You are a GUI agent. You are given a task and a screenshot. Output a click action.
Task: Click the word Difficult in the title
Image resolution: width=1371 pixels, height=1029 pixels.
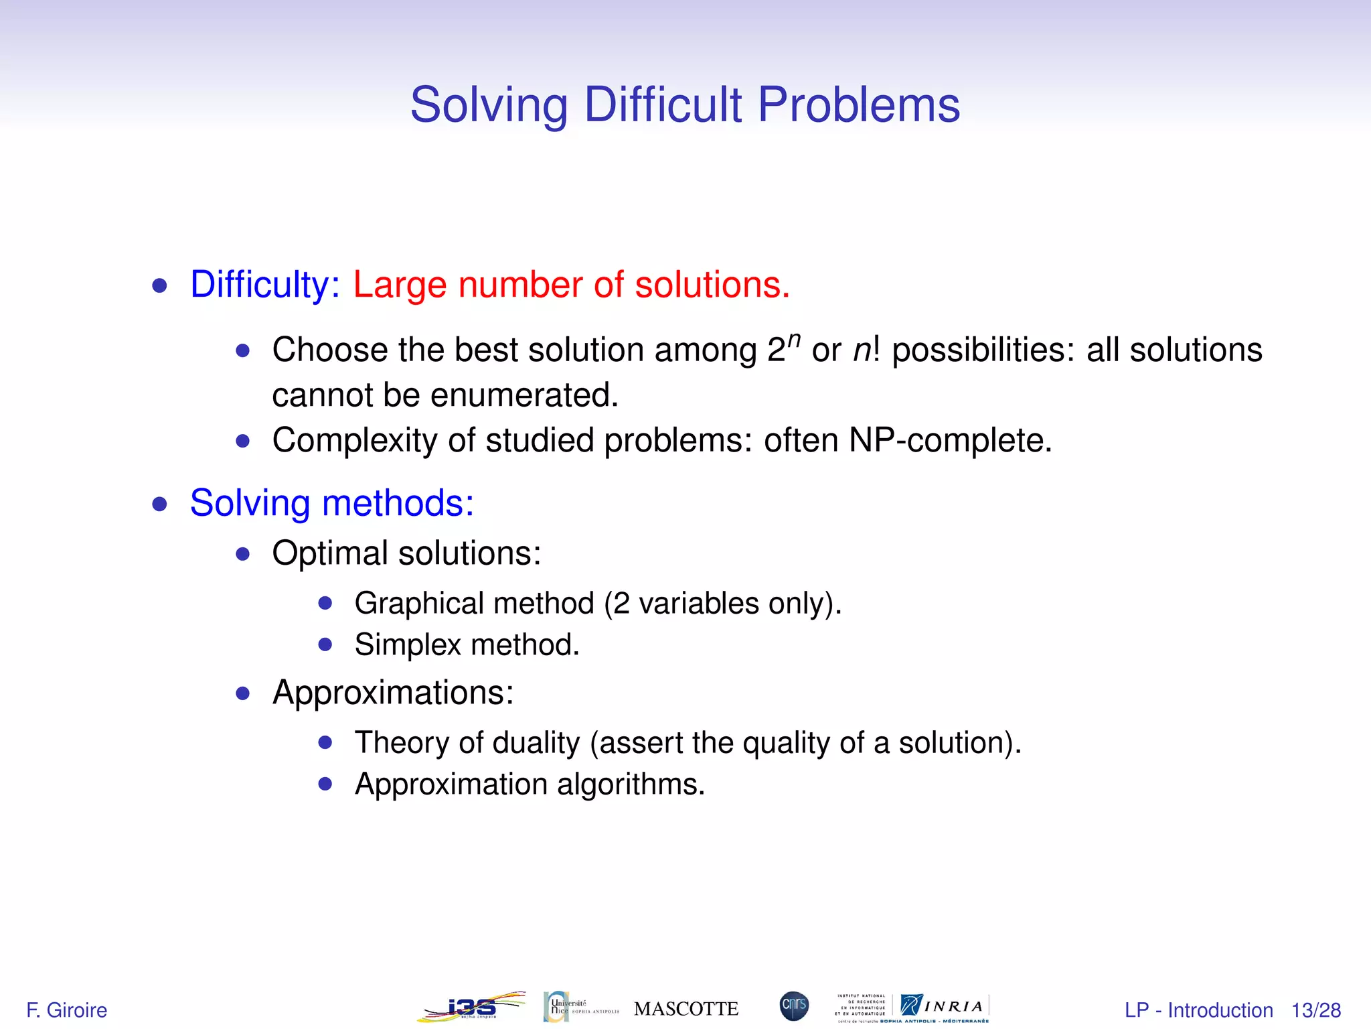point(663,105)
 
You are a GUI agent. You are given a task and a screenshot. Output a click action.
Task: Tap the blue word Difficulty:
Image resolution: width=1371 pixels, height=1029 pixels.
point(265,285)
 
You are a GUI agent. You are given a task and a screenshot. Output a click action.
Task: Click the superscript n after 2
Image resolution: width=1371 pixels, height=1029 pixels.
point(794,340)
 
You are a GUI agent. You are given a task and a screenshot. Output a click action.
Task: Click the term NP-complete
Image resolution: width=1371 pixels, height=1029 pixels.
point(950,441)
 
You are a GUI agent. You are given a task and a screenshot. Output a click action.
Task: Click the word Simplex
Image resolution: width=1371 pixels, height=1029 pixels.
point(408,644)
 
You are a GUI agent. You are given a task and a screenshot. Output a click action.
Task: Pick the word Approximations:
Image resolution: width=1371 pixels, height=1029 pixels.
point(393,692)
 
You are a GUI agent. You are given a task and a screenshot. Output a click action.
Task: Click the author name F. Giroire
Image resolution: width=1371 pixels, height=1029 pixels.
point(66,1010)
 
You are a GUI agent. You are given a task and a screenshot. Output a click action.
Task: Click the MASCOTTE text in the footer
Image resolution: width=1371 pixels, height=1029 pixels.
point(686,1008)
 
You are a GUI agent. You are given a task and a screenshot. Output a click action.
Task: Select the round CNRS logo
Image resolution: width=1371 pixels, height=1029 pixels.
point(794,1006)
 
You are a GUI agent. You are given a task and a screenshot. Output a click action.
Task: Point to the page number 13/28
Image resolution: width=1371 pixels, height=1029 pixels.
point(1315,1010)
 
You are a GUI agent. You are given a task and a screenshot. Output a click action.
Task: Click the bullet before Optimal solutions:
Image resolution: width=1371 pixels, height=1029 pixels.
point(243,554)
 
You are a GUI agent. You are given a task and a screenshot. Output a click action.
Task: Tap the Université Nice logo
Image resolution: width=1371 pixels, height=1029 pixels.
point(580,1007)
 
